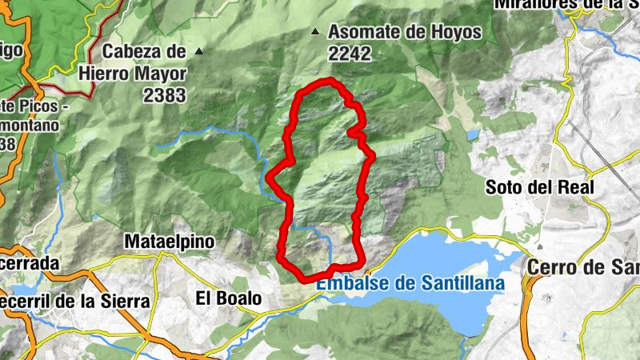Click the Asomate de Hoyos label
[405, 33]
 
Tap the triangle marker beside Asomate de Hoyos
[315, 33]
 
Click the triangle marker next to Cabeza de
[199, 52]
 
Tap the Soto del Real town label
[540, 187]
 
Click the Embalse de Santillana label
[410, 283]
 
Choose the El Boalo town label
[229, 298]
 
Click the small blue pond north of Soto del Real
[473, 134]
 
